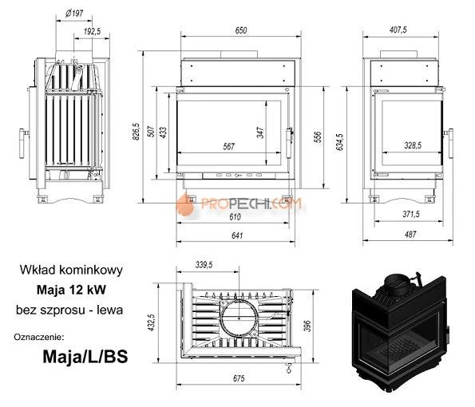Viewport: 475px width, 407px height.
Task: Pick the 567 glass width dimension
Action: pyautogui.click(x=229, y=146)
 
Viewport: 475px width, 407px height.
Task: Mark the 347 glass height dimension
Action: pyautogui.click(x=260, y=132)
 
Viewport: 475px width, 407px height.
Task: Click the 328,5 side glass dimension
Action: pyautogui.click(x=413, y=146)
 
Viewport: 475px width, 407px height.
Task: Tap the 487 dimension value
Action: pyautogui.click(x=410, y=235)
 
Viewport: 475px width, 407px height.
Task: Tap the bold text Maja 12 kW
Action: pyautogui.click(x=68, y=290)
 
